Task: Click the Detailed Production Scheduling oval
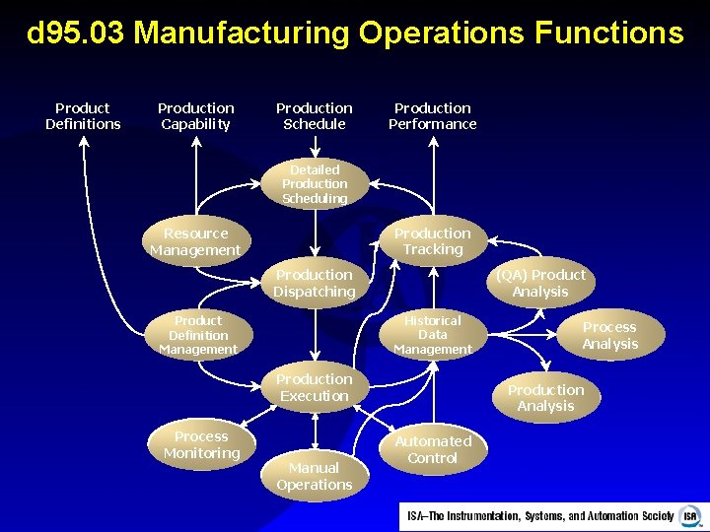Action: [315, 184]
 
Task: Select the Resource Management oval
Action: [195, 242]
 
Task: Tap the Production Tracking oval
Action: [433, 241]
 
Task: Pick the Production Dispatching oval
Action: [315, 284]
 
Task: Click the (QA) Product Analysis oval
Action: [540, 283]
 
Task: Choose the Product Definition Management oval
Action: [198, 335]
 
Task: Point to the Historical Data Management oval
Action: [432, 335]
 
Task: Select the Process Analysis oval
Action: [609, 336]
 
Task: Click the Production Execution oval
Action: [315, 388]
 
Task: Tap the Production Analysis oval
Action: [545, 398]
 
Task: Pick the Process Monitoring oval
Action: [201, 445]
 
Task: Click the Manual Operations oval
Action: [315, 476]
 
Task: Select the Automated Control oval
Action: [433, 449]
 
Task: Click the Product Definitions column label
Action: [83, 116]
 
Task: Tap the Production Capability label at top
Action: [196, 116]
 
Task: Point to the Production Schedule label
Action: [315, 116]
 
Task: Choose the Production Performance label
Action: [433, 116]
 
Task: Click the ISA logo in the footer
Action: [689, 516]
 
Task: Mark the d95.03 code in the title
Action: [76, 33]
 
